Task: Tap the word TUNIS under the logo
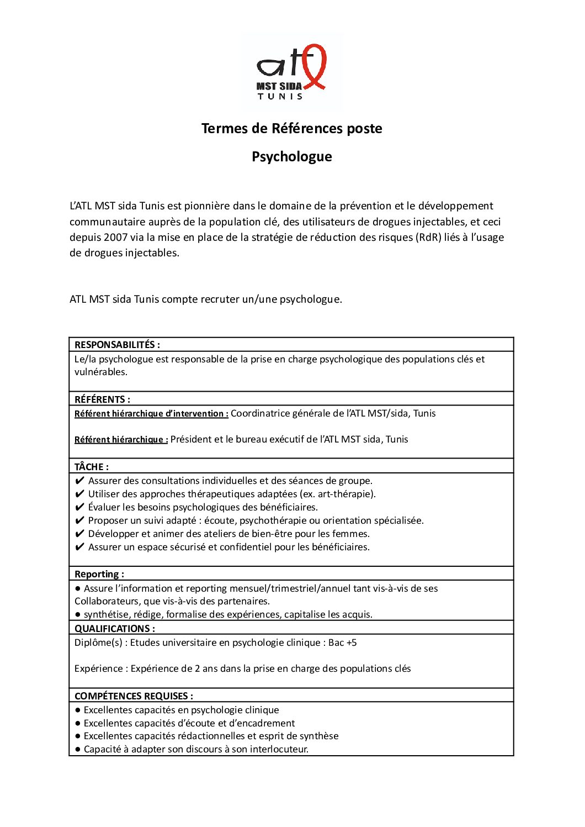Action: [x=280, y=96]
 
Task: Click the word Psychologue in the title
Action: [x=292, y=157]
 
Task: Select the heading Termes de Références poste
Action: [x=292, y=129]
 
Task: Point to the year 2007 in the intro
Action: [x=116, y=238]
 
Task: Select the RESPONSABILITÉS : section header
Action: [x=117, y=345]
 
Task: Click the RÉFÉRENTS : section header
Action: [x=102, y=399]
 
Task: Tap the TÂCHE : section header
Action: [x=92, y=467]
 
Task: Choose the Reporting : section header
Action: [x=99, y=574]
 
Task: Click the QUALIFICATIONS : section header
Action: [x=115, y=629]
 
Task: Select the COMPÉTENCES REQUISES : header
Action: [x=134, y=696]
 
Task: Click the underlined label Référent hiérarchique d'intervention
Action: [x=151, y=414]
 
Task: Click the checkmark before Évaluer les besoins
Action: [x=79, y=507]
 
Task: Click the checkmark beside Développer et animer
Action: [x=79, y=534]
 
